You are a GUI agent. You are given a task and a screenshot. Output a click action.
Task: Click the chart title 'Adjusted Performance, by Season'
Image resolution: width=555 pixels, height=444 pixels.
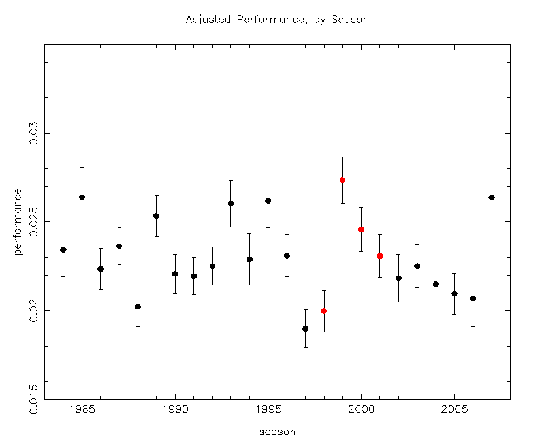[277, 20]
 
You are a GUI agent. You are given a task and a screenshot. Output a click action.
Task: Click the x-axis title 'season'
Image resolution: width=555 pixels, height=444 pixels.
[277, 432]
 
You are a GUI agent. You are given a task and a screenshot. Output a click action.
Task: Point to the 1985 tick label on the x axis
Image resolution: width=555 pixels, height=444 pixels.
[82, 410]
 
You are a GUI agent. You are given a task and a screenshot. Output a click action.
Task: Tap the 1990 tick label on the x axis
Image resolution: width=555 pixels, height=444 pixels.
[175, 410]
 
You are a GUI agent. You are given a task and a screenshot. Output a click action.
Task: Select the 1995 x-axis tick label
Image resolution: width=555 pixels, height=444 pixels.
[268, 410]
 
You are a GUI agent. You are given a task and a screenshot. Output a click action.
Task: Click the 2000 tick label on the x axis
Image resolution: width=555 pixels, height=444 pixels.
[361, 410]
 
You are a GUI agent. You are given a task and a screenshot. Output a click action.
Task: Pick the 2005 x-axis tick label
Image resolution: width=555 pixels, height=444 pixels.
[454, 410]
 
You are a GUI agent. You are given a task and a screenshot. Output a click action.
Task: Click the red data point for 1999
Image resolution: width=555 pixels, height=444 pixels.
[343, 180]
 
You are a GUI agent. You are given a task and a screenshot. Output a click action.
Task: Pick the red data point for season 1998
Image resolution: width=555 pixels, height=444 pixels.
[324, 311]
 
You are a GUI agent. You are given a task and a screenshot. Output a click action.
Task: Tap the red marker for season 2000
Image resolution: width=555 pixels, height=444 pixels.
[361, 229]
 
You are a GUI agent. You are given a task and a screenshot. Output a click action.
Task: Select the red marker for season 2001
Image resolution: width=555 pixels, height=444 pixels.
[380, 256]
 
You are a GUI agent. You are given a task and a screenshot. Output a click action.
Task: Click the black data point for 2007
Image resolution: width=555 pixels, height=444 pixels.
[492, 197]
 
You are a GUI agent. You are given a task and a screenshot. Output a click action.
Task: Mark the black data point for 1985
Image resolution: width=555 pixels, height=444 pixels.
[82, 197]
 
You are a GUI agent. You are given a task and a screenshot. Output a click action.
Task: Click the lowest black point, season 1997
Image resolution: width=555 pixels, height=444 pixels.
[306, 328]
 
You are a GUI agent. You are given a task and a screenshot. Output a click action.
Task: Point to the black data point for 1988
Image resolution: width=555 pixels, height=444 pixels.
[138, 307]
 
